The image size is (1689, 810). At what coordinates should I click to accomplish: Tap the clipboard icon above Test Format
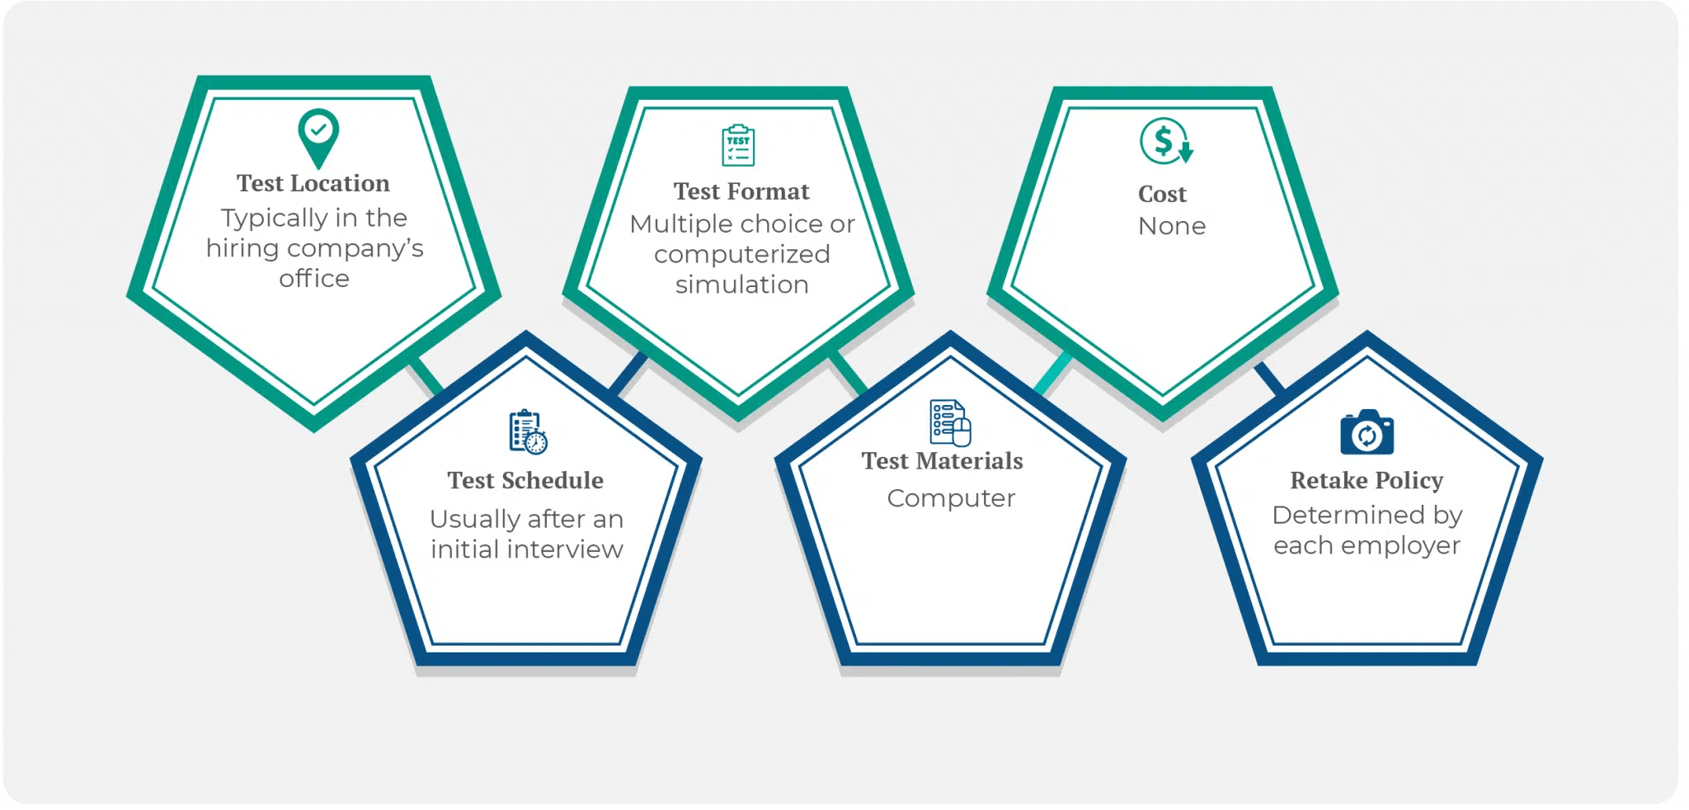(x=738, y=146)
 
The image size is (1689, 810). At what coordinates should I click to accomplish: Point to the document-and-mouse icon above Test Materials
(x=950, y=422)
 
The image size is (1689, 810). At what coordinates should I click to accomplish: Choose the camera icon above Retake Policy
(x=1367, y=432)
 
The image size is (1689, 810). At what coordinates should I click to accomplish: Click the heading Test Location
(x=313, y=183)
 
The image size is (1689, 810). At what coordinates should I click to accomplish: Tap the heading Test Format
(x=741, y=191)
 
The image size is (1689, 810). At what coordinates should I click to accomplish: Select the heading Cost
(x=1162, y=194)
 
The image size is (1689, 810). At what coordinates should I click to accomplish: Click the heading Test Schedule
(x=525, y=480)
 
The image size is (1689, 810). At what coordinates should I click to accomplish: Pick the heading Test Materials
(x=943, y=460)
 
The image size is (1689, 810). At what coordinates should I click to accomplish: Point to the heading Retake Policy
(x=1367, y=480)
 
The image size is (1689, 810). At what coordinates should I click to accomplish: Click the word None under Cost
(x=1172, y=226)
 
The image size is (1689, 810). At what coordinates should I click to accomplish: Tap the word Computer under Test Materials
(x=951, y=498)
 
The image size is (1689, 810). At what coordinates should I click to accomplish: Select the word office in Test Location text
(x=314, y=279)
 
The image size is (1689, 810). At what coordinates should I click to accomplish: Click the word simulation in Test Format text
(x=741, y=285)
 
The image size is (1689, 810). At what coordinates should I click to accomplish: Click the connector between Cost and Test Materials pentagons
(x=1053, y=374)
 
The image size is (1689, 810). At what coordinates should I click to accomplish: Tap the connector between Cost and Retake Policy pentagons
(x=1270, y=378)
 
